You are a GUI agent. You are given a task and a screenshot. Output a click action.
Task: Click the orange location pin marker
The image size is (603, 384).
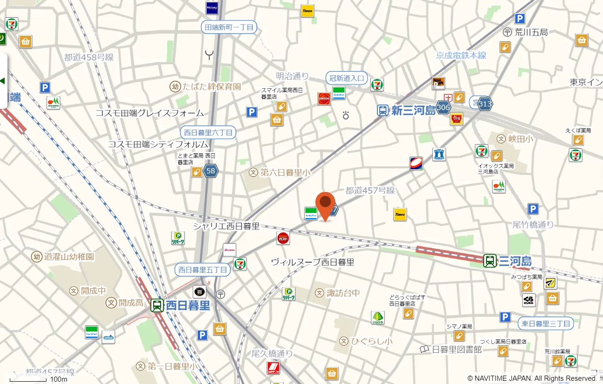(x=325, y=205)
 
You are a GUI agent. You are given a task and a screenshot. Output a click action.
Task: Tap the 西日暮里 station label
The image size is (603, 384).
(x=188, y=305)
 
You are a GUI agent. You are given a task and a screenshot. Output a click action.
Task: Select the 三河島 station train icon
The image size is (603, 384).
(x=490, y=261)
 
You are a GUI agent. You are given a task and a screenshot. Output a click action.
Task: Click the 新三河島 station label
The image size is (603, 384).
(x=413, y=110)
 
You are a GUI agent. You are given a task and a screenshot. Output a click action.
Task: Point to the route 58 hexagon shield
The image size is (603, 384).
(x=211, y=171)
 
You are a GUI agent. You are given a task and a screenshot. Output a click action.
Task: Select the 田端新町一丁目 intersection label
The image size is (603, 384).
(x=229, y=27)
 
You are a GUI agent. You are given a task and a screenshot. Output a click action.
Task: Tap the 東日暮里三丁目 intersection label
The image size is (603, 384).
(x=545, y=323)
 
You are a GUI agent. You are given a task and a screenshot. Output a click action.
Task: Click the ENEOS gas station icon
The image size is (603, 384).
(x=324, y=99)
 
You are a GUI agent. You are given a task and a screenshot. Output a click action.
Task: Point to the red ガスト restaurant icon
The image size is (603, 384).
(x=283, y=238)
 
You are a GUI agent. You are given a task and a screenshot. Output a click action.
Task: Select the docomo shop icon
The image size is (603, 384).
(x=229, y=250)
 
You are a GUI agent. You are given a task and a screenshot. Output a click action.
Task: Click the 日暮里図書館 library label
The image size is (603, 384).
(x=457, y=349)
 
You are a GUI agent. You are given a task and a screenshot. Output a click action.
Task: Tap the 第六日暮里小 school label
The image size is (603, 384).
(x=285, y=172)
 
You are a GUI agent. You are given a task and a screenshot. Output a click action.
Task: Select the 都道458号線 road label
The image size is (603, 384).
(x=89, y=58)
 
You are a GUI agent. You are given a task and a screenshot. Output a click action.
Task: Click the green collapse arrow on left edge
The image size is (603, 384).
(x=3, y=81)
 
